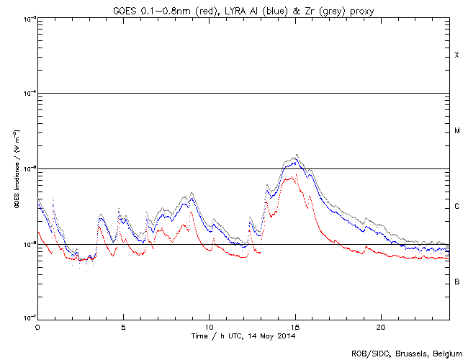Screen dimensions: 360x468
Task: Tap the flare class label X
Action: (x=456, y=55)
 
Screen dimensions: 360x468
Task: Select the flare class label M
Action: (x=456, y=131)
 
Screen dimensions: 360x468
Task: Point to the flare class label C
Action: (x=456, y=207)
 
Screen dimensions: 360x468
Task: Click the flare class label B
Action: (x=456, y=282)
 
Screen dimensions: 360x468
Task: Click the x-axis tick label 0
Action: (x=37, y=326)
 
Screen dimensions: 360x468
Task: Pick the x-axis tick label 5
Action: (x=123, y=326)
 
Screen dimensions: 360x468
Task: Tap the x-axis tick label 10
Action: (x=209, y=326)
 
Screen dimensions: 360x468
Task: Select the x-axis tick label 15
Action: (x=294, y=326)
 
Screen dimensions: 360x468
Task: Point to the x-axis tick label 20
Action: (x=380, y=326)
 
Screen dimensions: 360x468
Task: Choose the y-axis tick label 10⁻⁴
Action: (x=27, y=94)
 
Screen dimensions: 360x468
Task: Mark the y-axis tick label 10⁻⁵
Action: (x=27, y=169)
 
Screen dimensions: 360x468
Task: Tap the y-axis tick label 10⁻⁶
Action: (x=27, y=245)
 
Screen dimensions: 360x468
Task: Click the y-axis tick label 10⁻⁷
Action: (x=27, y=318)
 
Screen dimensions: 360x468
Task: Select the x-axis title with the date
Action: (x=243, y=336)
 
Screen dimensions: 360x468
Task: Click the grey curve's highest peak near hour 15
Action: (x=297, y=154)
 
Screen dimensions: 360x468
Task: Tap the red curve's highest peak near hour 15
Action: (x=295, y=176)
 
